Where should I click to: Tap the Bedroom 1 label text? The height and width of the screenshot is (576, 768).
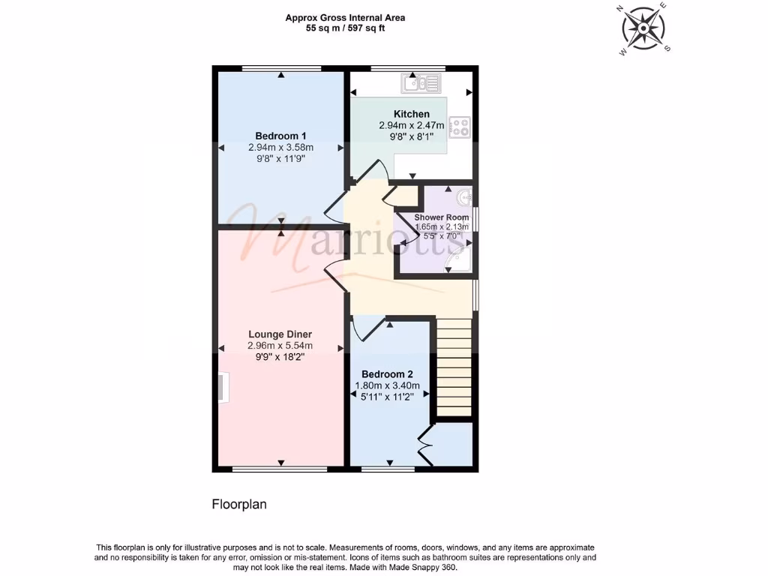click(280, 136)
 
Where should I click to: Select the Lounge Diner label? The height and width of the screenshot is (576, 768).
click(280, 334)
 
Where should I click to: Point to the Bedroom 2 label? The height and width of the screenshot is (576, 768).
click(387, 374)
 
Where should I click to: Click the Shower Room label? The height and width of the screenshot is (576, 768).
click(441, 217)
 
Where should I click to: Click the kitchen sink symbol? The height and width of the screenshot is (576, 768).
click(421, 83)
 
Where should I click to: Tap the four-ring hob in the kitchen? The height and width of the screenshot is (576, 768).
click(458, 127)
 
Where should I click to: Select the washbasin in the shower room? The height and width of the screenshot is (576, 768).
click(463, 197)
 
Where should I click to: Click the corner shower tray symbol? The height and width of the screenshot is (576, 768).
click(457, 259)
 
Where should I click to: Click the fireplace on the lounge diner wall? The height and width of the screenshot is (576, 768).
click(223, 388)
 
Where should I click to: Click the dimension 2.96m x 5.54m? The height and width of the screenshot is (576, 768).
click(280, 346)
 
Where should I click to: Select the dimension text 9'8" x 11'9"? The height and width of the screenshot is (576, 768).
click(280, 158)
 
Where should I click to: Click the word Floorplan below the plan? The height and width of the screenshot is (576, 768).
click(238, 505)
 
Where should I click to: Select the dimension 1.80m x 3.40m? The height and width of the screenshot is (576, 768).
click(387, 386)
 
